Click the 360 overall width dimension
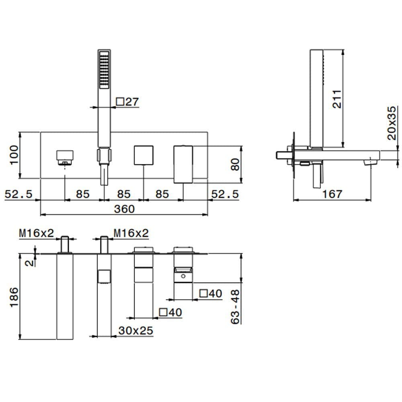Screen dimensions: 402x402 click(124, 209)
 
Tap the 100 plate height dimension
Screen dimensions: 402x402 click(14, 155)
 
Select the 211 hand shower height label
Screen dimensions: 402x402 click(337, 99)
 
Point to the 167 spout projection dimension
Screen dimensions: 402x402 click(332, 194)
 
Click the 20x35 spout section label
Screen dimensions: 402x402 click(392, 123)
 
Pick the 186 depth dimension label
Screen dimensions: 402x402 click(14, 297)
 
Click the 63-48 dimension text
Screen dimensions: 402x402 click(235, 307)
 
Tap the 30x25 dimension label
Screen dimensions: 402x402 click(136, 331)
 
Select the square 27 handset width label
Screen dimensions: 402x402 click(127, 102)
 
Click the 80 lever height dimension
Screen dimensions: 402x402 click(235, 164)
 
